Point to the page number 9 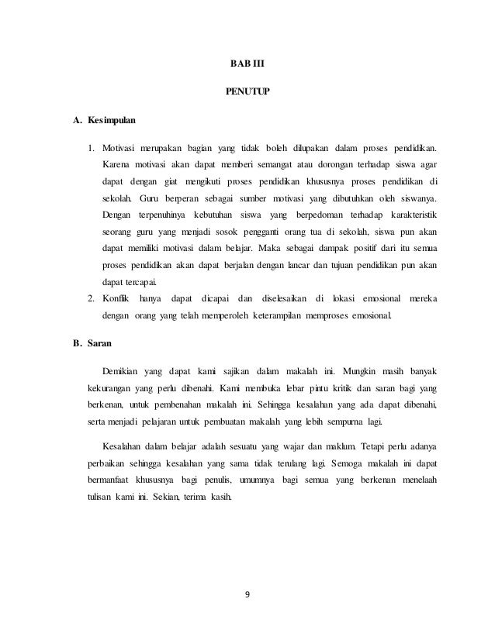tap(247, 594)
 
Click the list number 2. tap(91, 298)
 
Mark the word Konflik tap(118, 298)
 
